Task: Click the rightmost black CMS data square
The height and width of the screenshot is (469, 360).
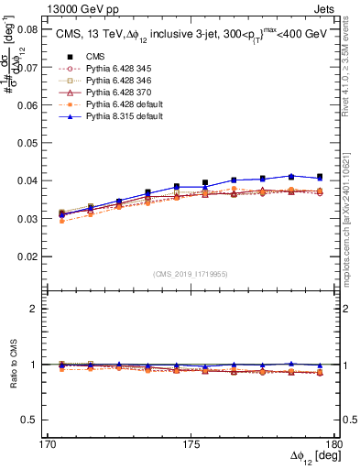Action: click(319, 177)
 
